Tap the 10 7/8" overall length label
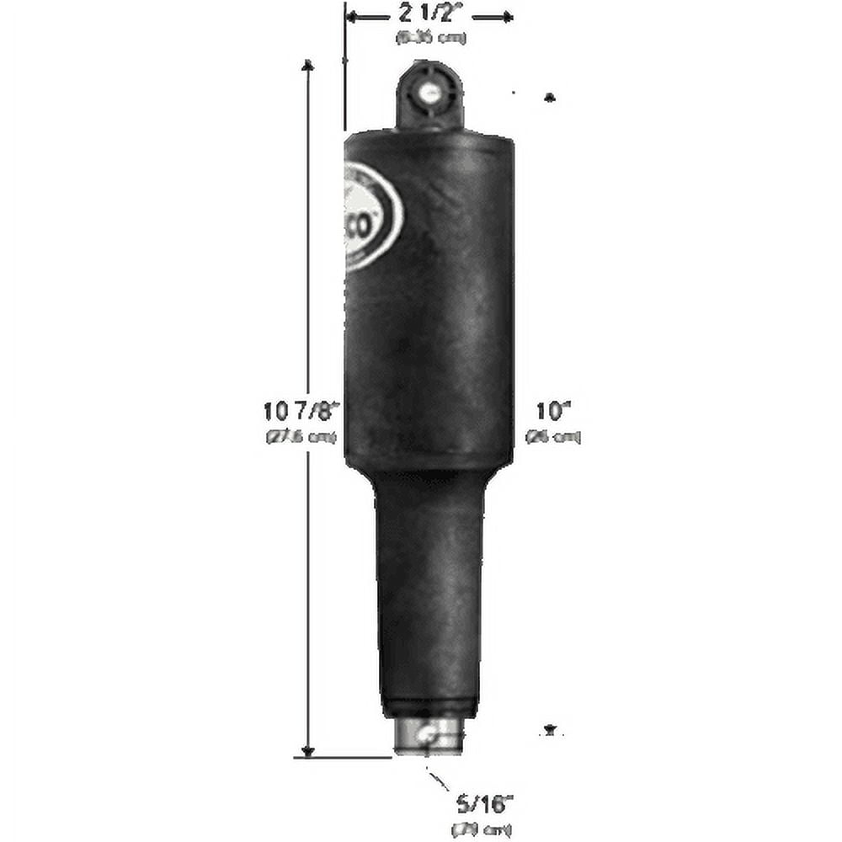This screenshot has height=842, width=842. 301,412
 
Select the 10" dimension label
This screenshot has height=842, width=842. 553,412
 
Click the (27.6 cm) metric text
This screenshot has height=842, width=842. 301,436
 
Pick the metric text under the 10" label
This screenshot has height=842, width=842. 553,436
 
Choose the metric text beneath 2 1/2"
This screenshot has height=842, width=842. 430,38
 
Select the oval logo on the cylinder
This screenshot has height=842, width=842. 373,216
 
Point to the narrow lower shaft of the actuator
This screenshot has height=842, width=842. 429,589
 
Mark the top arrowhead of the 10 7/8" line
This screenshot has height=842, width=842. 308,65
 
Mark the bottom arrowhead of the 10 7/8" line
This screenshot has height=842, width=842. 308,750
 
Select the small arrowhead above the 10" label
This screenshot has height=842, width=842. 550,98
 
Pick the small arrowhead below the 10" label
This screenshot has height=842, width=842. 552,728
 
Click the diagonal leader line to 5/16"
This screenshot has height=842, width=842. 440,782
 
